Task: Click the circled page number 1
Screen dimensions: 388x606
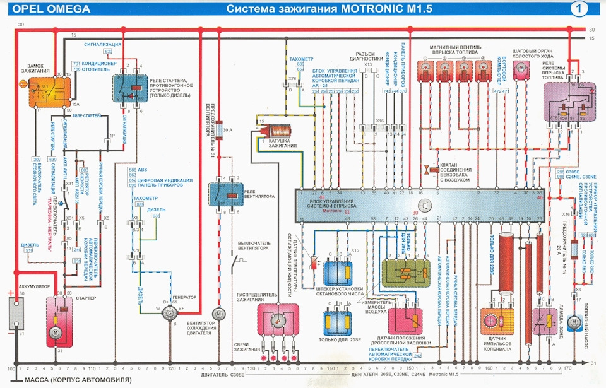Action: click(x=578, y=8)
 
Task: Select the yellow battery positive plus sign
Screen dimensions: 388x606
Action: click(x=11, y=294)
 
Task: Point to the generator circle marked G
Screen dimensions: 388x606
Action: click(x=169, y=312)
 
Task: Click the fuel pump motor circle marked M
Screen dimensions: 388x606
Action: click(x=573, y=322)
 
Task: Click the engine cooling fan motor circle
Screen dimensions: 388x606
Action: click(x=218, y=313)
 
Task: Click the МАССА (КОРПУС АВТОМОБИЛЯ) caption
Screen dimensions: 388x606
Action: click(x=77, y=380)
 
